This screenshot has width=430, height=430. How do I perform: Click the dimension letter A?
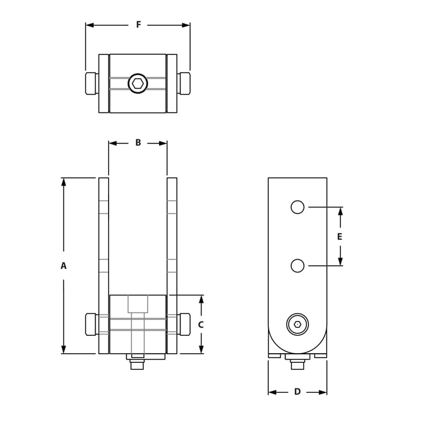tap(63, 266)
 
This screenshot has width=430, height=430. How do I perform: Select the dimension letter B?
tap(138, 143)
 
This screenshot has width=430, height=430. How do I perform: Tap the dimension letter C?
tap(201, 325)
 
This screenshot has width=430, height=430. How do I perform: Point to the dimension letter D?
tap(297, 392)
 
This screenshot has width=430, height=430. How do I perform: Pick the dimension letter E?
tap(340, 236)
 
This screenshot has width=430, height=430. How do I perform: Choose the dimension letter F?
tap(138, 25)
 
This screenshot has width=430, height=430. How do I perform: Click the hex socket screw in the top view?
tap(138, 83)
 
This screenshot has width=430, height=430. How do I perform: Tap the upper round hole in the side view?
tap(297, 207)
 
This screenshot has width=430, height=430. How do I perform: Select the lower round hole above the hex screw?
tap(297, 266)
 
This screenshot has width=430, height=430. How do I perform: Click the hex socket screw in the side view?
tap(298, 324)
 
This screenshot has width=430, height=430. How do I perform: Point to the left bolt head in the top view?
tap(91, 83)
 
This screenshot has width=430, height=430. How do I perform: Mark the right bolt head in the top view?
tap(184, 83)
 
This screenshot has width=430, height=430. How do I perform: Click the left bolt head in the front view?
tap(91, 324)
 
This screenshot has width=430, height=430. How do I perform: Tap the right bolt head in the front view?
tap(184, 324)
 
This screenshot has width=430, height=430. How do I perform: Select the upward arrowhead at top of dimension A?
tap(63, 182)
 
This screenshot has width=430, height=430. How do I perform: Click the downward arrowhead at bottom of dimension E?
tap(340, 262)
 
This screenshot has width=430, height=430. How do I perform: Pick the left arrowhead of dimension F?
tap(90, 25)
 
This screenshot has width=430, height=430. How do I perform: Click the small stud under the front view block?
tap(137, 365)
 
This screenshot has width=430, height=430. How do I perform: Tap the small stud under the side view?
tap(297, 365)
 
